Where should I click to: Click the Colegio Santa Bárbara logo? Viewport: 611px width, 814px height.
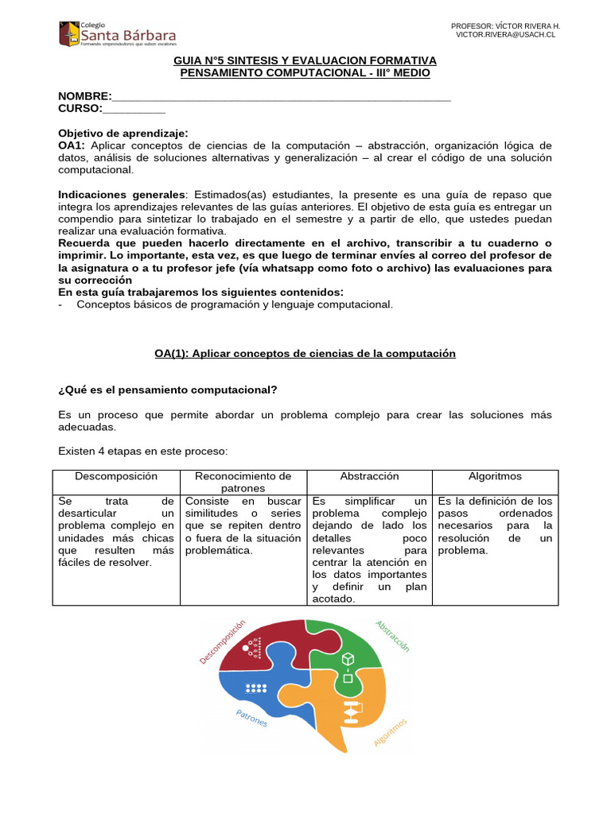(117, 34)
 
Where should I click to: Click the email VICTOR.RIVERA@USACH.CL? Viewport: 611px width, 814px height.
(506, 36)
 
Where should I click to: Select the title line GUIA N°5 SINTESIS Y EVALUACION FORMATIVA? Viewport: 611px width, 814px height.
(305, 60)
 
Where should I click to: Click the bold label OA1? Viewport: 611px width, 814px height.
(73, 145)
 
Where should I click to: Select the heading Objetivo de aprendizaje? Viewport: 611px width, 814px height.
(123, 134)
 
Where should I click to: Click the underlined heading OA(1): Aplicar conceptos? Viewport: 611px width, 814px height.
(305, 354)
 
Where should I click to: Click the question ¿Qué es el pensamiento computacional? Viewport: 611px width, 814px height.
(168, 390)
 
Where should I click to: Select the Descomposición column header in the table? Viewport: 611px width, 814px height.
(116, 476)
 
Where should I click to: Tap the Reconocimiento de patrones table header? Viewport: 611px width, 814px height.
(243, 482)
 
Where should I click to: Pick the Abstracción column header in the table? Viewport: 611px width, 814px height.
(369, 476)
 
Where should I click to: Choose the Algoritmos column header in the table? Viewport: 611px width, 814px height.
(495, 476)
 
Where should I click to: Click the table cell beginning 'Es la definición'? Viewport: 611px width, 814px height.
(495, 525)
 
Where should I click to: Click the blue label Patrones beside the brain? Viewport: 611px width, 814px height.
(251, 718)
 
